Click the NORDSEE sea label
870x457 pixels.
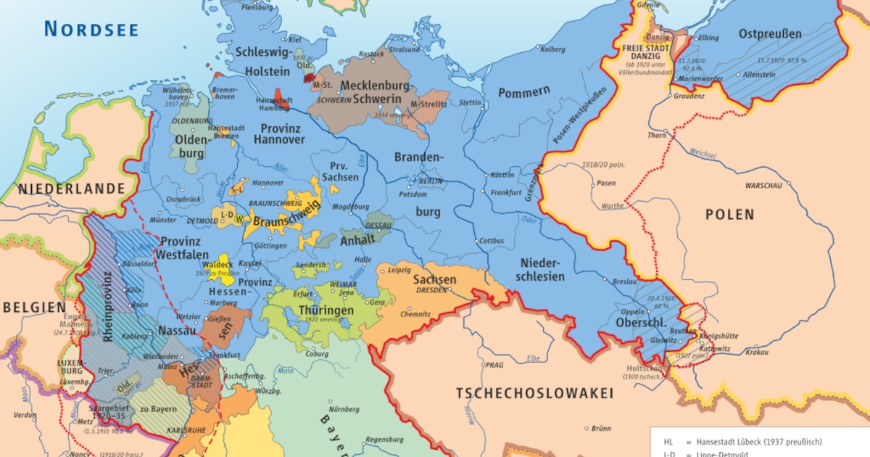(x=91, y=28)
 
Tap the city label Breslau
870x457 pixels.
(x=624, y=281)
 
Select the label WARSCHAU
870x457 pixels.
(x=763, y=185)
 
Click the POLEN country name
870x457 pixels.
(x=730, y=215)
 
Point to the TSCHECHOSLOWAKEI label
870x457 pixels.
(x=534, y=394)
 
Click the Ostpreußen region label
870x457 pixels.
(x=770, y=33)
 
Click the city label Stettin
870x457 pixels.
(x=470, y=102)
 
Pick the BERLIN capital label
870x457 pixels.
(x=430, y=181)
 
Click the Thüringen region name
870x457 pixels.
(x=326, y=310)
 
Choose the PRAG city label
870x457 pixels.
(x=494, y=365)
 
